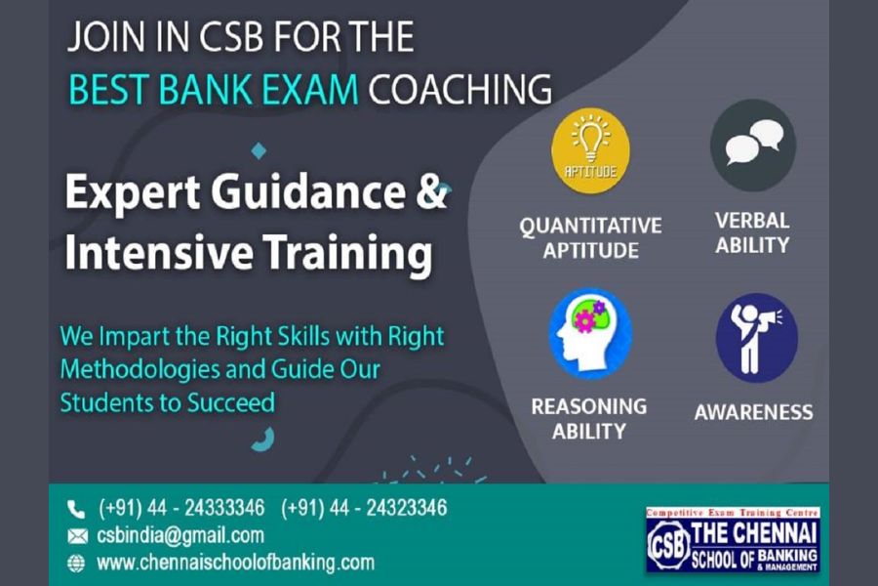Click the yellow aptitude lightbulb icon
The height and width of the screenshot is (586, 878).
click(x=591, y=150)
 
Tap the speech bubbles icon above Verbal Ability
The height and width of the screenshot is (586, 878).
click(x=753, y=146)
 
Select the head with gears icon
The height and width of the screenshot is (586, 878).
click(x=591, y=334)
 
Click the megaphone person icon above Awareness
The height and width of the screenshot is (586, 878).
click(x=756, y=338)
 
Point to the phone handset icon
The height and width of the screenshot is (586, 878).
click(x=75, y=509)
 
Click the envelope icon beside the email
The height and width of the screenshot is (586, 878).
click(x=77, y=536)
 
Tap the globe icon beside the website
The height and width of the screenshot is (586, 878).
click(x=76, y=563)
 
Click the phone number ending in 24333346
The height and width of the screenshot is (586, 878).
click(x=181, y=508)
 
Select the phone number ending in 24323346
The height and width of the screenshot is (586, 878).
click(x=364, y=508)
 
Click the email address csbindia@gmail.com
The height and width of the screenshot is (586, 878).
click(x=180, y=535)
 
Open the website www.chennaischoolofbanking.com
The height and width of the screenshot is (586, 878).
click(x=235, y=563)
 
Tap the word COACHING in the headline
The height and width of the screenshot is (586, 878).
click(x=459, y=90)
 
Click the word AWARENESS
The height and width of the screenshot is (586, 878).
click(x=754, y=413)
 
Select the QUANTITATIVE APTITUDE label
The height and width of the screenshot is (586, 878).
click(x=591, y=237)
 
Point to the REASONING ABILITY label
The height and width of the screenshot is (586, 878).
click(x=589, y=419)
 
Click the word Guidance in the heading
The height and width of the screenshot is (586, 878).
click(x=307, y=192)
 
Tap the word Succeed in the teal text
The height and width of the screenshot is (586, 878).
click(x=230, y=403)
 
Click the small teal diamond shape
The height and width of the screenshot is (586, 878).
click(x=259, y=150)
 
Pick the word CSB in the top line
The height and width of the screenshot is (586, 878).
click(x=231, y=37)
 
